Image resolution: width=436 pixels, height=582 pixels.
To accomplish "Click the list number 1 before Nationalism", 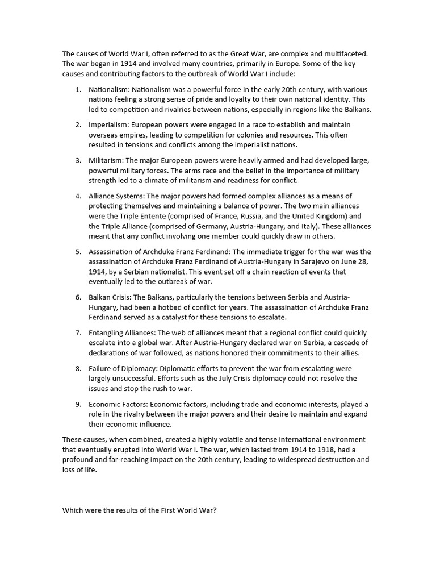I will tap(78, 90).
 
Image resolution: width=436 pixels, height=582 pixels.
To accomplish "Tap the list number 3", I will tap(78, 160).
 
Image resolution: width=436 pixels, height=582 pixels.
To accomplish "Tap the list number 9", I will tap(78, 404).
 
